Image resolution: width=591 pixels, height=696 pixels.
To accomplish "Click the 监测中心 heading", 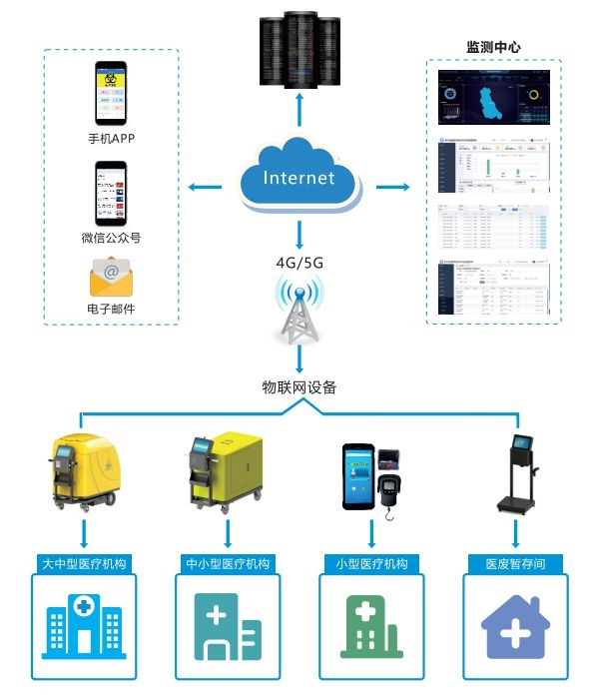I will point(493,47).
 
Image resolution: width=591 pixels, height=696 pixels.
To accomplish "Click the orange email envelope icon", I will point(111,275).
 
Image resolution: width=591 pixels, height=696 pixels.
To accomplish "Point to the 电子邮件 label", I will point(111,309).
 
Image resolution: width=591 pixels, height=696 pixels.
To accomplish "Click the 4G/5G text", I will point(298,265).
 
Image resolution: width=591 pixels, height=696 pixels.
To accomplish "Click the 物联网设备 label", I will point(298,386).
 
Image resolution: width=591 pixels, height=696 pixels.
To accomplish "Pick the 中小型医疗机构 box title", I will point(227,564).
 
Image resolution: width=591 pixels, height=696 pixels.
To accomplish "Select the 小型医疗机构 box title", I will point(370,564).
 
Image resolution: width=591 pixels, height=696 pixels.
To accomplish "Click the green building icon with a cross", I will point(370,630).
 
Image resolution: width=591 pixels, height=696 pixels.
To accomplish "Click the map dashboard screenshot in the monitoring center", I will point(494,101).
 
